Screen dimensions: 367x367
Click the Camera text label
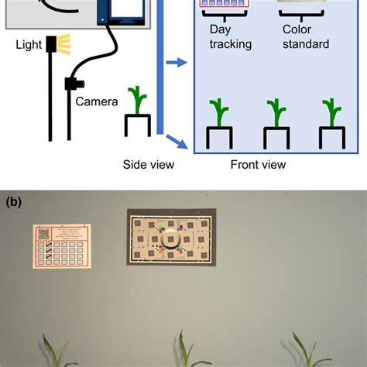tap(97, 101)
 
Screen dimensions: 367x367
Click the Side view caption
tap(149, 164)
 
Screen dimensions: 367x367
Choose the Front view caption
tap(258, 164)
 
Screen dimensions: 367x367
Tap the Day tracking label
tap(231, 38)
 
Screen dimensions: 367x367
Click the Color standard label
tap(306, 38)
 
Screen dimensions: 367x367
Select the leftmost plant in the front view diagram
tap(219, 111)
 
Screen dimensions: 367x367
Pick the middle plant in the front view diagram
tap(276, 111)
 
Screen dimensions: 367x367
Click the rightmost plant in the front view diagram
tap(332, 111)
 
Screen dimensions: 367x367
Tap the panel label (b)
tap(14, 201)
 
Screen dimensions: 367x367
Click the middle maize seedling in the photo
tap(183, 352)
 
